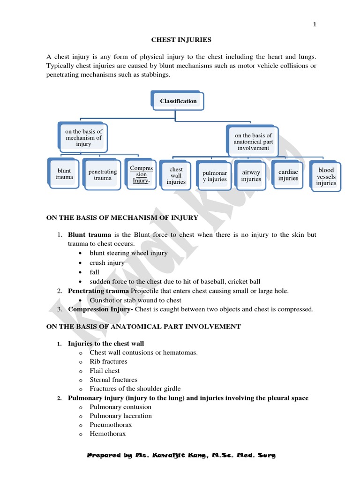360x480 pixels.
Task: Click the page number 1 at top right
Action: [315, 25]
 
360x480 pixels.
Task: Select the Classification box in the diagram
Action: [178, 101]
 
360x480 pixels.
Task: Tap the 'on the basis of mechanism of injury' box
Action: [83, 138]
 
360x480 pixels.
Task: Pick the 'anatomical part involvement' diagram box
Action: [253, 142]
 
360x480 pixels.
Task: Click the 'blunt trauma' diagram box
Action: [64, 174]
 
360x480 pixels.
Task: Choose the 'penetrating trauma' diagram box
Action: [102, 175]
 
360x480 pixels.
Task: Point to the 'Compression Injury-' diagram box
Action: [141, 174]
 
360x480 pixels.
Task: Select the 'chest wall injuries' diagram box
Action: [176, 176]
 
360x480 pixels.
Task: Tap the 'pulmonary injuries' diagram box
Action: [214, 176]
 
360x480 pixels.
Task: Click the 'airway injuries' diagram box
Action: [251, 176]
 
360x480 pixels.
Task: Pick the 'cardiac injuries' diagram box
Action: [288, 175]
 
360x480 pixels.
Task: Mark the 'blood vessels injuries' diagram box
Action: [326, 177]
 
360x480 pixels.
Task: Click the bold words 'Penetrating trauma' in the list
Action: [98, 291]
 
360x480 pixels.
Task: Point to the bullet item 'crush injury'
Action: [107, 263]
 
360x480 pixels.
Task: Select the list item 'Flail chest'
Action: [105, 371]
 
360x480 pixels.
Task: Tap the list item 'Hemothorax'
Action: [108, 434]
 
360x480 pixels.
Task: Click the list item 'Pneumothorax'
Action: [111, 425]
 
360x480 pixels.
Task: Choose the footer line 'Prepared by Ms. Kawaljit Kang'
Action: [181, 455]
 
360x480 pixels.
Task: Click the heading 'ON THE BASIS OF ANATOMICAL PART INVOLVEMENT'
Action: [143, 326]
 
